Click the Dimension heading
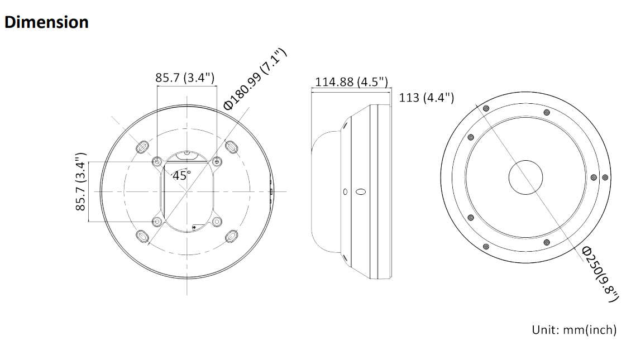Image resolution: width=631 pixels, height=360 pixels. point(46,22)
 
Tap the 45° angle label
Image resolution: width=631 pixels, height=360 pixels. point(181,175)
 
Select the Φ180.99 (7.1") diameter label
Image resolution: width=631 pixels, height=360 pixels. point(255,79)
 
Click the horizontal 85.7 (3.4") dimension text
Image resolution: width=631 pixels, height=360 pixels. point(185,77)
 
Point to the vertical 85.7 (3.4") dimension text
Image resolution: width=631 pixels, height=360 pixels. point(81,181)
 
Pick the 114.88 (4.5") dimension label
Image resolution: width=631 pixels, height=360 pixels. point(351,81)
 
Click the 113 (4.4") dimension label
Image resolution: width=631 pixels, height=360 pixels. point(427,97)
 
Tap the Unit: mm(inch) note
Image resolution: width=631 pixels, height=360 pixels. point(574,330)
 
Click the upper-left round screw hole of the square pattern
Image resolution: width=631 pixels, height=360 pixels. point(157,162)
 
